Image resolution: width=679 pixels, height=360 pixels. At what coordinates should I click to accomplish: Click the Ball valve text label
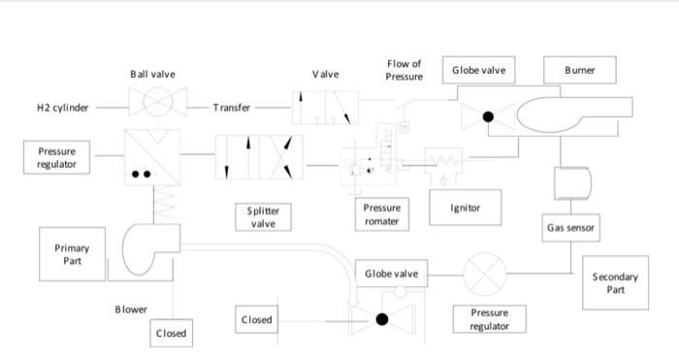click(x=152, y=74)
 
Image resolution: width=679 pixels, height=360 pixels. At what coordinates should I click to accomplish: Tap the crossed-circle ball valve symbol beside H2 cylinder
click(x=152, y=105)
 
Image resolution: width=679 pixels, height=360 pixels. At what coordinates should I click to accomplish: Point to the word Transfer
click(x=232, y=107)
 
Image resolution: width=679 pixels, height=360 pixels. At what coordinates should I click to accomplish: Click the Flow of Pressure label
click(x=404, y=70)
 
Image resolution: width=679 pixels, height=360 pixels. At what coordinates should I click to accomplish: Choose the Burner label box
click(x=580, y=70)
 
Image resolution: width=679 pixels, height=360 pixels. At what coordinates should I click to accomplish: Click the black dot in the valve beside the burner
click(x=489, y=117)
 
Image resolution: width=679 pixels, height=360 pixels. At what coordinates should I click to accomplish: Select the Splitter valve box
click(x=264, y=216)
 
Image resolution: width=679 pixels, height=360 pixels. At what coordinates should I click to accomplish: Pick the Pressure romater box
click(x=381, y=214)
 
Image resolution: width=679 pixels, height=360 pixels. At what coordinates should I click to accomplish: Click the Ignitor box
click(x=467, y=207)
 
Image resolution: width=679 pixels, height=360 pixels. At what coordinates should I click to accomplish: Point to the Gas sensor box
click(x=570, y=228)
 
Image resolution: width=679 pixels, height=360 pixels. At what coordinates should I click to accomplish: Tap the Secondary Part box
click(x=615, y=282)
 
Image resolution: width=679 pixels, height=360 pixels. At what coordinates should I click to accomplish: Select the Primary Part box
click(x=67, y=254)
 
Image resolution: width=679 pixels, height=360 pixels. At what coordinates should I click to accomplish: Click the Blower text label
click(x=132, y=310)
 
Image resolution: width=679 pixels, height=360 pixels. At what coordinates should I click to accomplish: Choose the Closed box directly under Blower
click(x=170, y=333)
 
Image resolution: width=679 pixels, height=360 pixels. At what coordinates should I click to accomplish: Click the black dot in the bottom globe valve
click(x=381, y=318)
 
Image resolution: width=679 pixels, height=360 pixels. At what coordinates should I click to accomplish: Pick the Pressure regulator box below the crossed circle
click(x=489, y=319)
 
